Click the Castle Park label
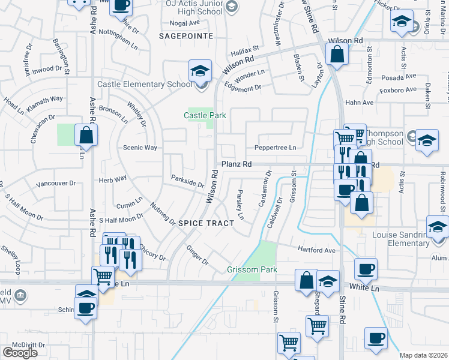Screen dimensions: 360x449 pos(205,115)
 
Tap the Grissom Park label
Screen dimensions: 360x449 pos(252,269)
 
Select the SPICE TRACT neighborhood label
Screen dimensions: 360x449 pos(206,223)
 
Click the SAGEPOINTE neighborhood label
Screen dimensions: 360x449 pos(187,36)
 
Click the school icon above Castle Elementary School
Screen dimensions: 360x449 pos(199,71)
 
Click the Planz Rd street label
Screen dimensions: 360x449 pos(236,164)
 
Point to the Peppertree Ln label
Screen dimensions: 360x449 pos(276,148)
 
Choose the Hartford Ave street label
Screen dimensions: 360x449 pos(316,250)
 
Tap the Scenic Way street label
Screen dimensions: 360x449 pos(140,148)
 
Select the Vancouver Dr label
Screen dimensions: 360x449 pos(56,183)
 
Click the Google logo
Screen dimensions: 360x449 pos(20,352)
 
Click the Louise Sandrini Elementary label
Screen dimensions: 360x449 pos(400,239)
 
